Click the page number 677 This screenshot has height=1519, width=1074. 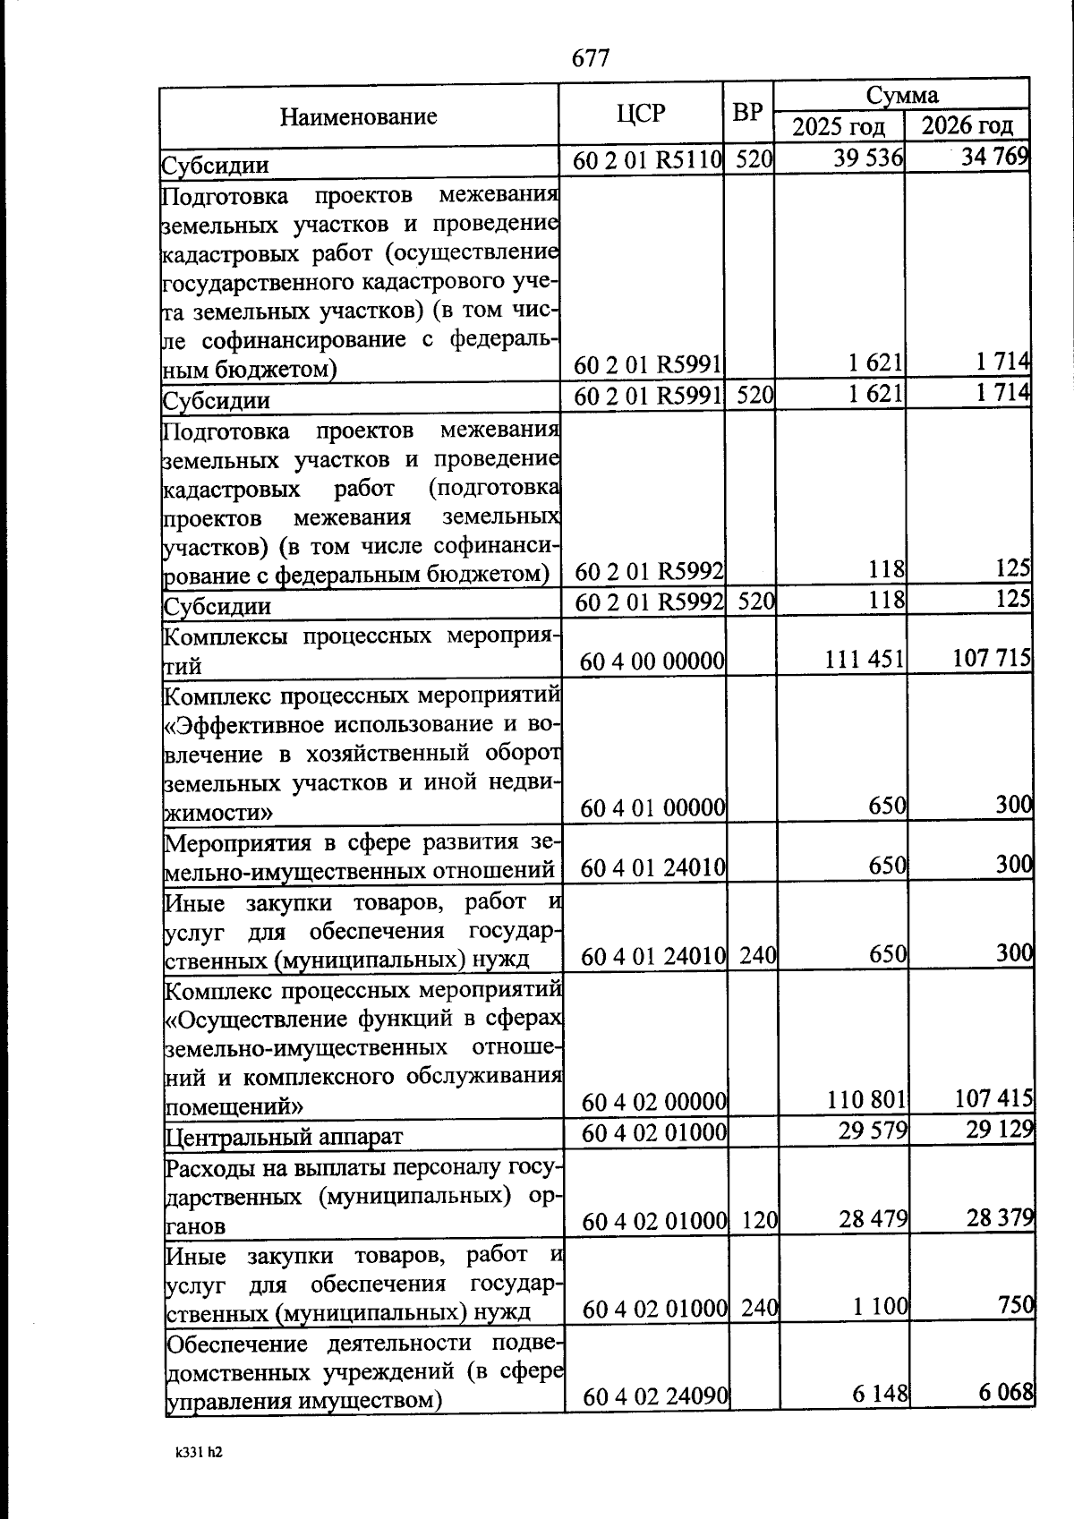click(x=591, y=59)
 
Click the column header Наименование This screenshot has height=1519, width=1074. click(x=358, y=116)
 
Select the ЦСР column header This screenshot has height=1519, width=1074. click(x=641, y=114)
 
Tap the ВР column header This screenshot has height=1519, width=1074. click(x=747, y=114)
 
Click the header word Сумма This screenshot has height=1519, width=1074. click(x=901, y=95)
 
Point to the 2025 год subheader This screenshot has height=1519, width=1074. click(x=839, y=127)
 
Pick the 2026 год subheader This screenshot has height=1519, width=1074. click(x=967, y=126)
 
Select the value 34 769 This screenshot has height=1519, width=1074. click(x=993, y=158)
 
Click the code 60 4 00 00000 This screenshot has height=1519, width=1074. click(x=652, y=661)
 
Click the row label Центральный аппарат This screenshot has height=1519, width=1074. click(x=285, y=1137)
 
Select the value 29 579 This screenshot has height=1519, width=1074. click(x=873, y=1131)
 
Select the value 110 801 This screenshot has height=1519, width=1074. click(x=861, y=1099)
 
